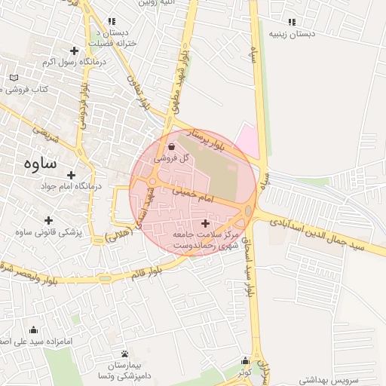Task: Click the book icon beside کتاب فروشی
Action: tap(14, 78)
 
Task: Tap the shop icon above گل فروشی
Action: tap(172, 147)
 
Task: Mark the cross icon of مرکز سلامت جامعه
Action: tap(206, 223)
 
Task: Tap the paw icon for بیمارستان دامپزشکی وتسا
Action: tap(124, 354)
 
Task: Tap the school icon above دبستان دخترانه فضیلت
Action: tap(112, 22)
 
